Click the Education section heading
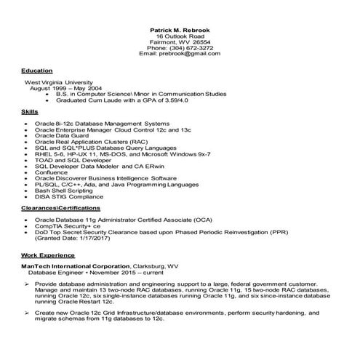point(36,71)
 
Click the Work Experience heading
point(47,256)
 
